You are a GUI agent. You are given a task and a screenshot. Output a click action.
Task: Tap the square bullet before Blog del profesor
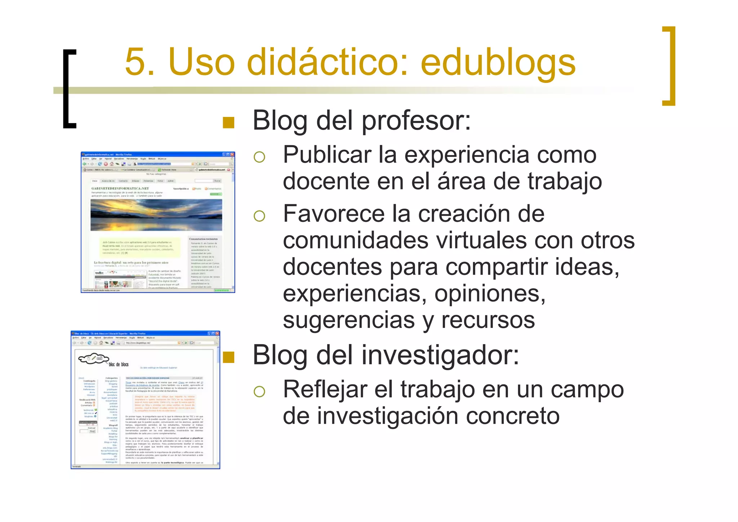click(x=228, y=123)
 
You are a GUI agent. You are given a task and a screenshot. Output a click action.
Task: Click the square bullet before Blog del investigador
click(x=228, y=357)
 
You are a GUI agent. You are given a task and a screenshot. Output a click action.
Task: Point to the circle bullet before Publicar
click(x=259, y=157)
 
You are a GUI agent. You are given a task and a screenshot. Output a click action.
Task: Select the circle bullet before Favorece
click(x=259, y=216)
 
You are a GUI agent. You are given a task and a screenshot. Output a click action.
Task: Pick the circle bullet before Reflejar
click(x=259, y=391)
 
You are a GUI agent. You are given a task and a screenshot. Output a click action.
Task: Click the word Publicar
click(x=327, y=155)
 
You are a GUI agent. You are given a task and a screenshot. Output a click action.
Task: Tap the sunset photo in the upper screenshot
click(x=156, y=215)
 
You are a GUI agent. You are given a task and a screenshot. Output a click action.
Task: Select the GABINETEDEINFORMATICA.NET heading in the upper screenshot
click(x=120, y=188)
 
